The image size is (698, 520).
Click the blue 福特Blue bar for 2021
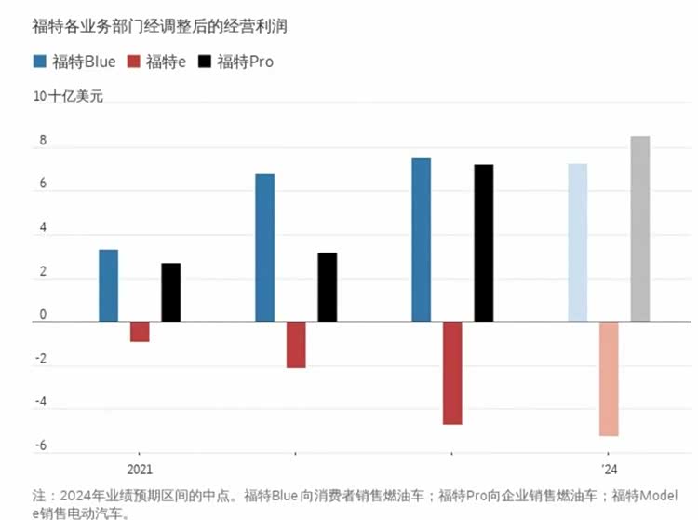[108, 285]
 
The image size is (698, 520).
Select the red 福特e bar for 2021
[140, 332]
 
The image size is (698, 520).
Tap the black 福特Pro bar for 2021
[171, 292]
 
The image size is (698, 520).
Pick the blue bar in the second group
[264, 248]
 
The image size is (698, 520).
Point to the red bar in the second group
[296, 345]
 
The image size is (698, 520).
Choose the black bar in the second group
[328, 287]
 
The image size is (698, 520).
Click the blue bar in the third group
[421, 239]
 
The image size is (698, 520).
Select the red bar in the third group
[452, 373]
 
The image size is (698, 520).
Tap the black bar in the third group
[483, 243]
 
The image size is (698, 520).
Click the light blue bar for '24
[577, 242]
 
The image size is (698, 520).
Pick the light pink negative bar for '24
[609, 378]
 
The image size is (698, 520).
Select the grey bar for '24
[640, 228]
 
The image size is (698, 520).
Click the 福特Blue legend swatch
[40, 62]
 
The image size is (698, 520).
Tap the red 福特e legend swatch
[133, 62]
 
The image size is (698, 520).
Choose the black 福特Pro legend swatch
[205, 62]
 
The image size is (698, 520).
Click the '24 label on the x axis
[608, 469]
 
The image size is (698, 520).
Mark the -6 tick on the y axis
[41, 446]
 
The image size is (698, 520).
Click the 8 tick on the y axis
[43, 142]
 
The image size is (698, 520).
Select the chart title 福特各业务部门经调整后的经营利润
[160, 26]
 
